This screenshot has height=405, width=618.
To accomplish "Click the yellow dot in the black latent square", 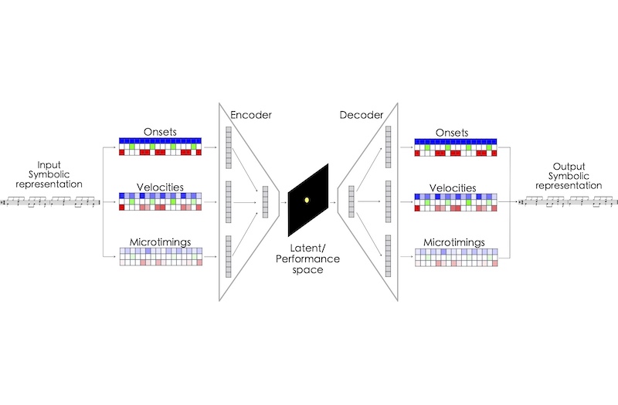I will [x=307, y=201].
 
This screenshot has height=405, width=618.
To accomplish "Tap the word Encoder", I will [x=252, y=116].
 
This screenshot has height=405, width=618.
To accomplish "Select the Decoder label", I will [x=361, y=116].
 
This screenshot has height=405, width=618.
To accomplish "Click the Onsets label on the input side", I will [x=160, y=132].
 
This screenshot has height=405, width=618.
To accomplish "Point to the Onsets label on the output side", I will [x=455, y=132].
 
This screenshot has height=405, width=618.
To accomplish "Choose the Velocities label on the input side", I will [x=160, y=186].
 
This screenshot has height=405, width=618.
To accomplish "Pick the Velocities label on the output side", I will [x=455, y=186].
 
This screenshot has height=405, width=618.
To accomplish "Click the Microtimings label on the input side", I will [x=160, y=241].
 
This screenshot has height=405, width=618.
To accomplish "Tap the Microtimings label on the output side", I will [x=455, y=241].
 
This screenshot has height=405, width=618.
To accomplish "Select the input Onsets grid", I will [x=160, y=147].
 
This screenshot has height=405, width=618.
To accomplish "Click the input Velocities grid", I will [x=160, y=201].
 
